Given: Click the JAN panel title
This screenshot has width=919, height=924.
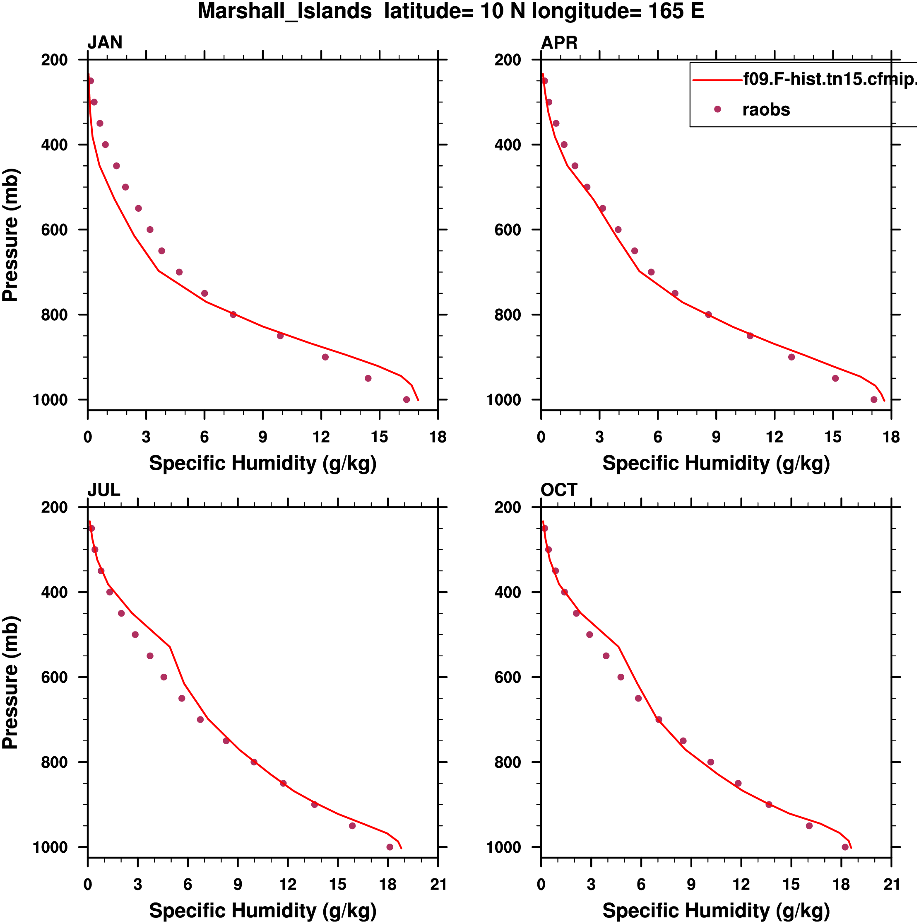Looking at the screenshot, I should point(105,43).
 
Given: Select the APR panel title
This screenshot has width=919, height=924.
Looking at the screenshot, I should point(559,43).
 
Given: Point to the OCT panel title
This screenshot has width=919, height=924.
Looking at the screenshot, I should point(559,490).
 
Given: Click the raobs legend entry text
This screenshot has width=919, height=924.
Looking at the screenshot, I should point(766,110).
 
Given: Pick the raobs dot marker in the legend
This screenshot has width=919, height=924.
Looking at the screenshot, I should point(717,109).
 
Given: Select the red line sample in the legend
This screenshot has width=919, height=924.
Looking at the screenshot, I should point(717,80).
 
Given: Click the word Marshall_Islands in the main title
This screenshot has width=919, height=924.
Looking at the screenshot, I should point(285,11).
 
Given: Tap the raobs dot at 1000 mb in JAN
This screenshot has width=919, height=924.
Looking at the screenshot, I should point(407,400).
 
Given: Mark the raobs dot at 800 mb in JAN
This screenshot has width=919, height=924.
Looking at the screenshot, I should point(233,314).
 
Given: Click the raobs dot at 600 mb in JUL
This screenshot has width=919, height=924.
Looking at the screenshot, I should point(164,677).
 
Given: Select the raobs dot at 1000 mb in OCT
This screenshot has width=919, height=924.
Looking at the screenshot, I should point(845,847).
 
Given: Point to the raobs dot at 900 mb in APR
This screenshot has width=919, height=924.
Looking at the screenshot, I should point(791,357).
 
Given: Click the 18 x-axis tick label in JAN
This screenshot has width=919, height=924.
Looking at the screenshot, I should point(438,437).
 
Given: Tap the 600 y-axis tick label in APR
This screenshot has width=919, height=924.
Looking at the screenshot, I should point(508,230).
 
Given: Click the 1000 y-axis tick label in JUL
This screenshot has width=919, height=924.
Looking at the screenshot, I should point(50,847).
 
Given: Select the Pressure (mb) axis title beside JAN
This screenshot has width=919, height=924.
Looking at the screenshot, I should point(10,235).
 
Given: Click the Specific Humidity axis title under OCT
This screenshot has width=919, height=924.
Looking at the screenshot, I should point(716,911).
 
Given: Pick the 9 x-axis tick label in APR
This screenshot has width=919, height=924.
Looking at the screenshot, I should point(716,437).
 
